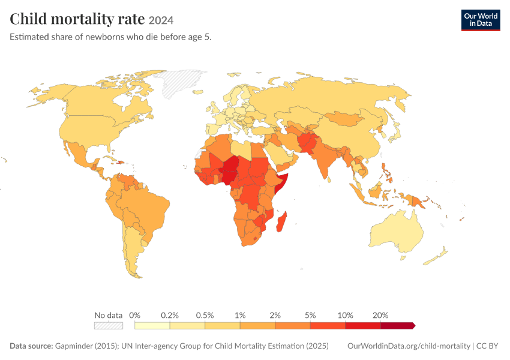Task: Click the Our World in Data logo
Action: point(481,20)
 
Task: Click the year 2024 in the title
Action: point(161,20)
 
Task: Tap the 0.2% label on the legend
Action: point(170,315)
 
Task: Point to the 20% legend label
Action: point(380,315)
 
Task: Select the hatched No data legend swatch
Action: point(109,326)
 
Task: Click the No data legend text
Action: point(109,315)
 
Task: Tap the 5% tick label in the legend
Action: point(310,315)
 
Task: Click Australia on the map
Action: point(397,233)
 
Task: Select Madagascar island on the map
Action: point(281,222)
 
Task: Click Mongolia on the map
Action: point(345,119)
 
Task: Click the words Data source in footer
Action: point(31,346)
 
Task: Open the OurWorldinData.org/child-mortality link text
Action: point(409,346)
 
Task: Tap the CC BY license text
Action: point(487,346)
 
